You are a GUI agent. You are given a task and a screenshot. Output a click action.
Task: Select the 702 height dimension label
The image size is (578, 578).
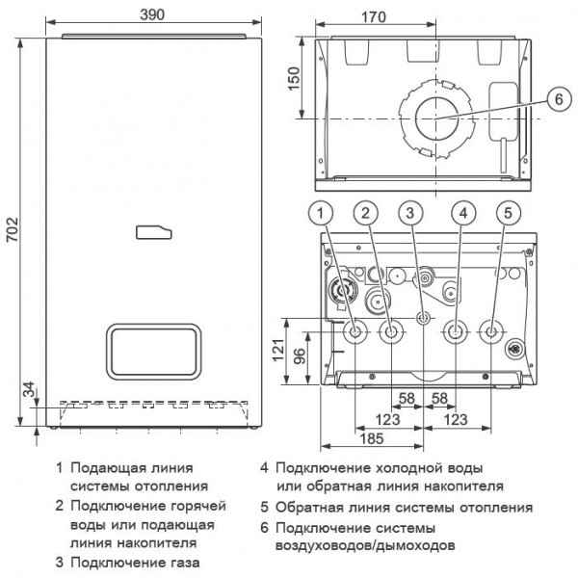click(x=12, y=231)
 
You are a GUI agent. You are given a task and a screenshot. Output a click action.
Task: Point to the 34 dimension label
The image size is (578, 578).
click(x=28, y=388)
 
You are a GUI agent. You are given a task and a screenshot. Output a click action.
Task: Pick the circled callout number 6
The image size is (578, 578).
click(x=555, y=98)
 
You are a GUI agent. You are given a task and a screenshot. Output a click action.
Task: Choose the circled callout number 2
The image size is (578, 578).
click(x=363, y=212)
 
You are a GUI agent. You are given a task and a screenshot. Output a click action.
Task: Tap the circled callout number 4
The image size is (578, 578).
click(x=464, y=212)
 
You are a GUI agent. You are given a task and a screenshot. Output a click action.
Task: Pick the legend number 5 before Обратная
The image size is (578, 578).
click(x=264, y=507)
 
